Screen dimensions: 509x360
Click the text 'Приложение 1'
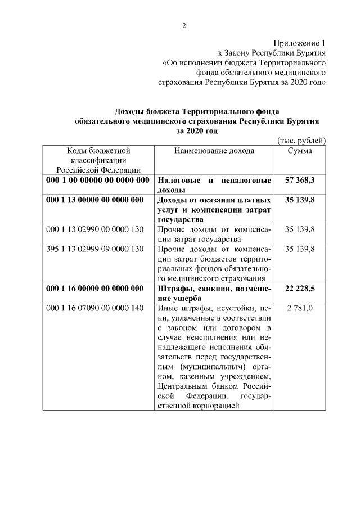click(x=300, y=43)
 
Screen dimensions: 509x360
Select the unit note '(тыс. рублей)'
click(x=302, y=141)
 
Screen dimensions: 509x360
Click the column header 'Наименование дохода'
click(x=214, y=151)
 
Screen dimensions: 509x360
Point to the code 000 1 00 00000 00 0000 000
click(x=97, y=181)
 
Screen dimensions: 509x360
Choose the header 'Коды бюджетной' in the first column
click(x=98, y=151)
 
